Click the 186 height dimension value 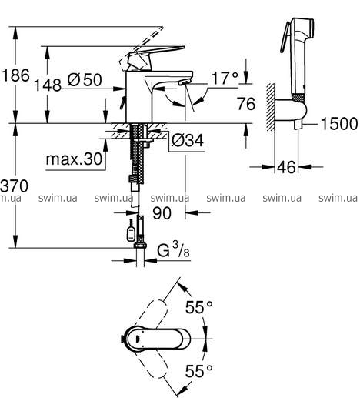pos(16,75)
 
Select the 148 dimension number pos(48,85)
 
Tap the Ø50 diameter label pos(85,80)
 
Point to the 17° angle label pos(225,78)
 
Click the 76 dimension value pos(246,104)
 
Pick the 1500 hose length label pos(339,123)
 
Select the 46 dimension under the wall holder pos(286,167)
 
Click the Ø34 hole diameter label pos(188,140)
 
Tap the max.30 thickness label pos(74,159)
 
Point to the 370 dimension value pos(14,186)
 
